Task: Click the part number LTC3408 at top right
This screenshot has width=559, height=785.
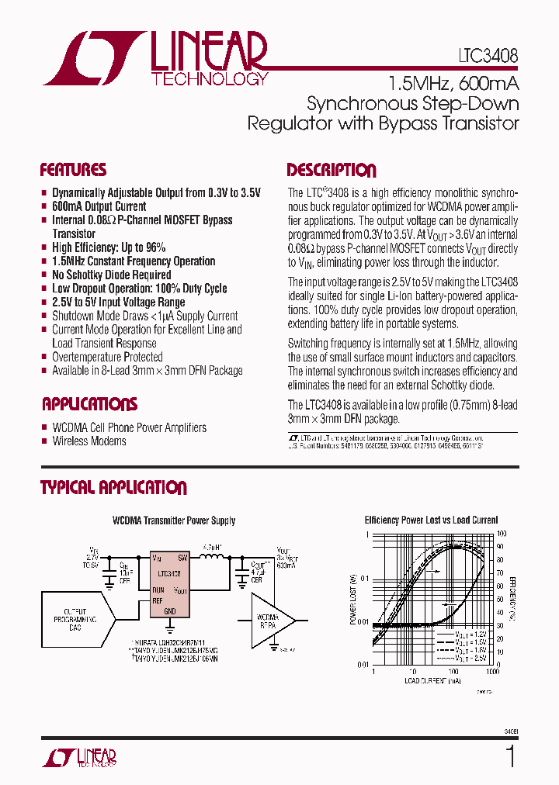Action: coord(488,57)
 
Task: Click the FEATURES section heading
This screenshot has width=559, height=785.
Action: coord(73,171)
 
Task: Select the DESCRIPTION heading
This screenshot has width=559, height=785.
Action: coord(332,171)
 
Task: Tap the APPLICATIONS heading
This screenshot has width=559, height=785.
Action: coord(89,404)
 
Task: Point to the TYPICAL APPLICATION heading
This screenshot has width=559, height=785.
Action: coord(113,488)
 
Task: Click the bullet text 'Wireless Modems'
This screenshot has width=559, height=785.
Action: coord(89,441)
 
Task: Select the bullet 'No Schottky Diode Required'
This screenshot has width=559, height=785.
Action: coord(111,275)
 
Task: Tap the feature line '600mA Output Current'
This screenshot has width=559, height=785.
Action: coord(99,206)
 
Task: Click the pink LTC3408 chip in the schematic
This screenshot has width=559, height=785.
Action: coord(170,583)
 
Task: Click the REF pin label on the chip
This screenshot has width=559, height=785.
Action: coord(158,600)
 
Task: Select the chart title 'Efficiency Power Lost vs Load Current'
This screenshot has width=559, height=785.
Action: coord(431,520)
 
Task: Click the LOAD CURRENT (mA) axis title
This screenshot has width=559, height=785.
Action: coord(432,681)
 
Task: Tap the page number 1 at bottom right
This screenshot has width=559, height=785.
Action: coord(510,756)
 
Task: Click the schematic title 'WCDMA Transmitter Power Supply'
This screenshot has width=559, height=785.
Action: coord(174,520)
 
